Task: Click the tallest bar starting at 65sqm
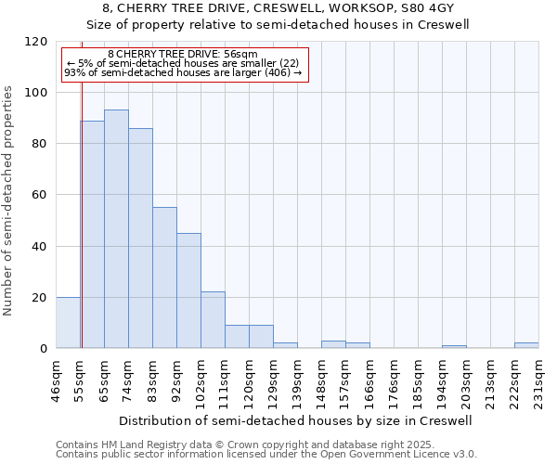(116, 229)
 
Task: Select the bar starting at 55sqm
(92, 234)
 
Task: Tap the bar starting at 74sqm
(140, 238)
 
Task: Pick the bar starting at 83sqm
(164, 277)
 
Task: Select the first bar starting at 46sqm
(68, 323)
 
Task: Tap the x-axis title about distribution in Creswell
(297, 420)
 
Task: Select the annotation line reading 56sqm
(183, 54)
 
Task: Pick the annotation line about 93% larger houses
(183, 72)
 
